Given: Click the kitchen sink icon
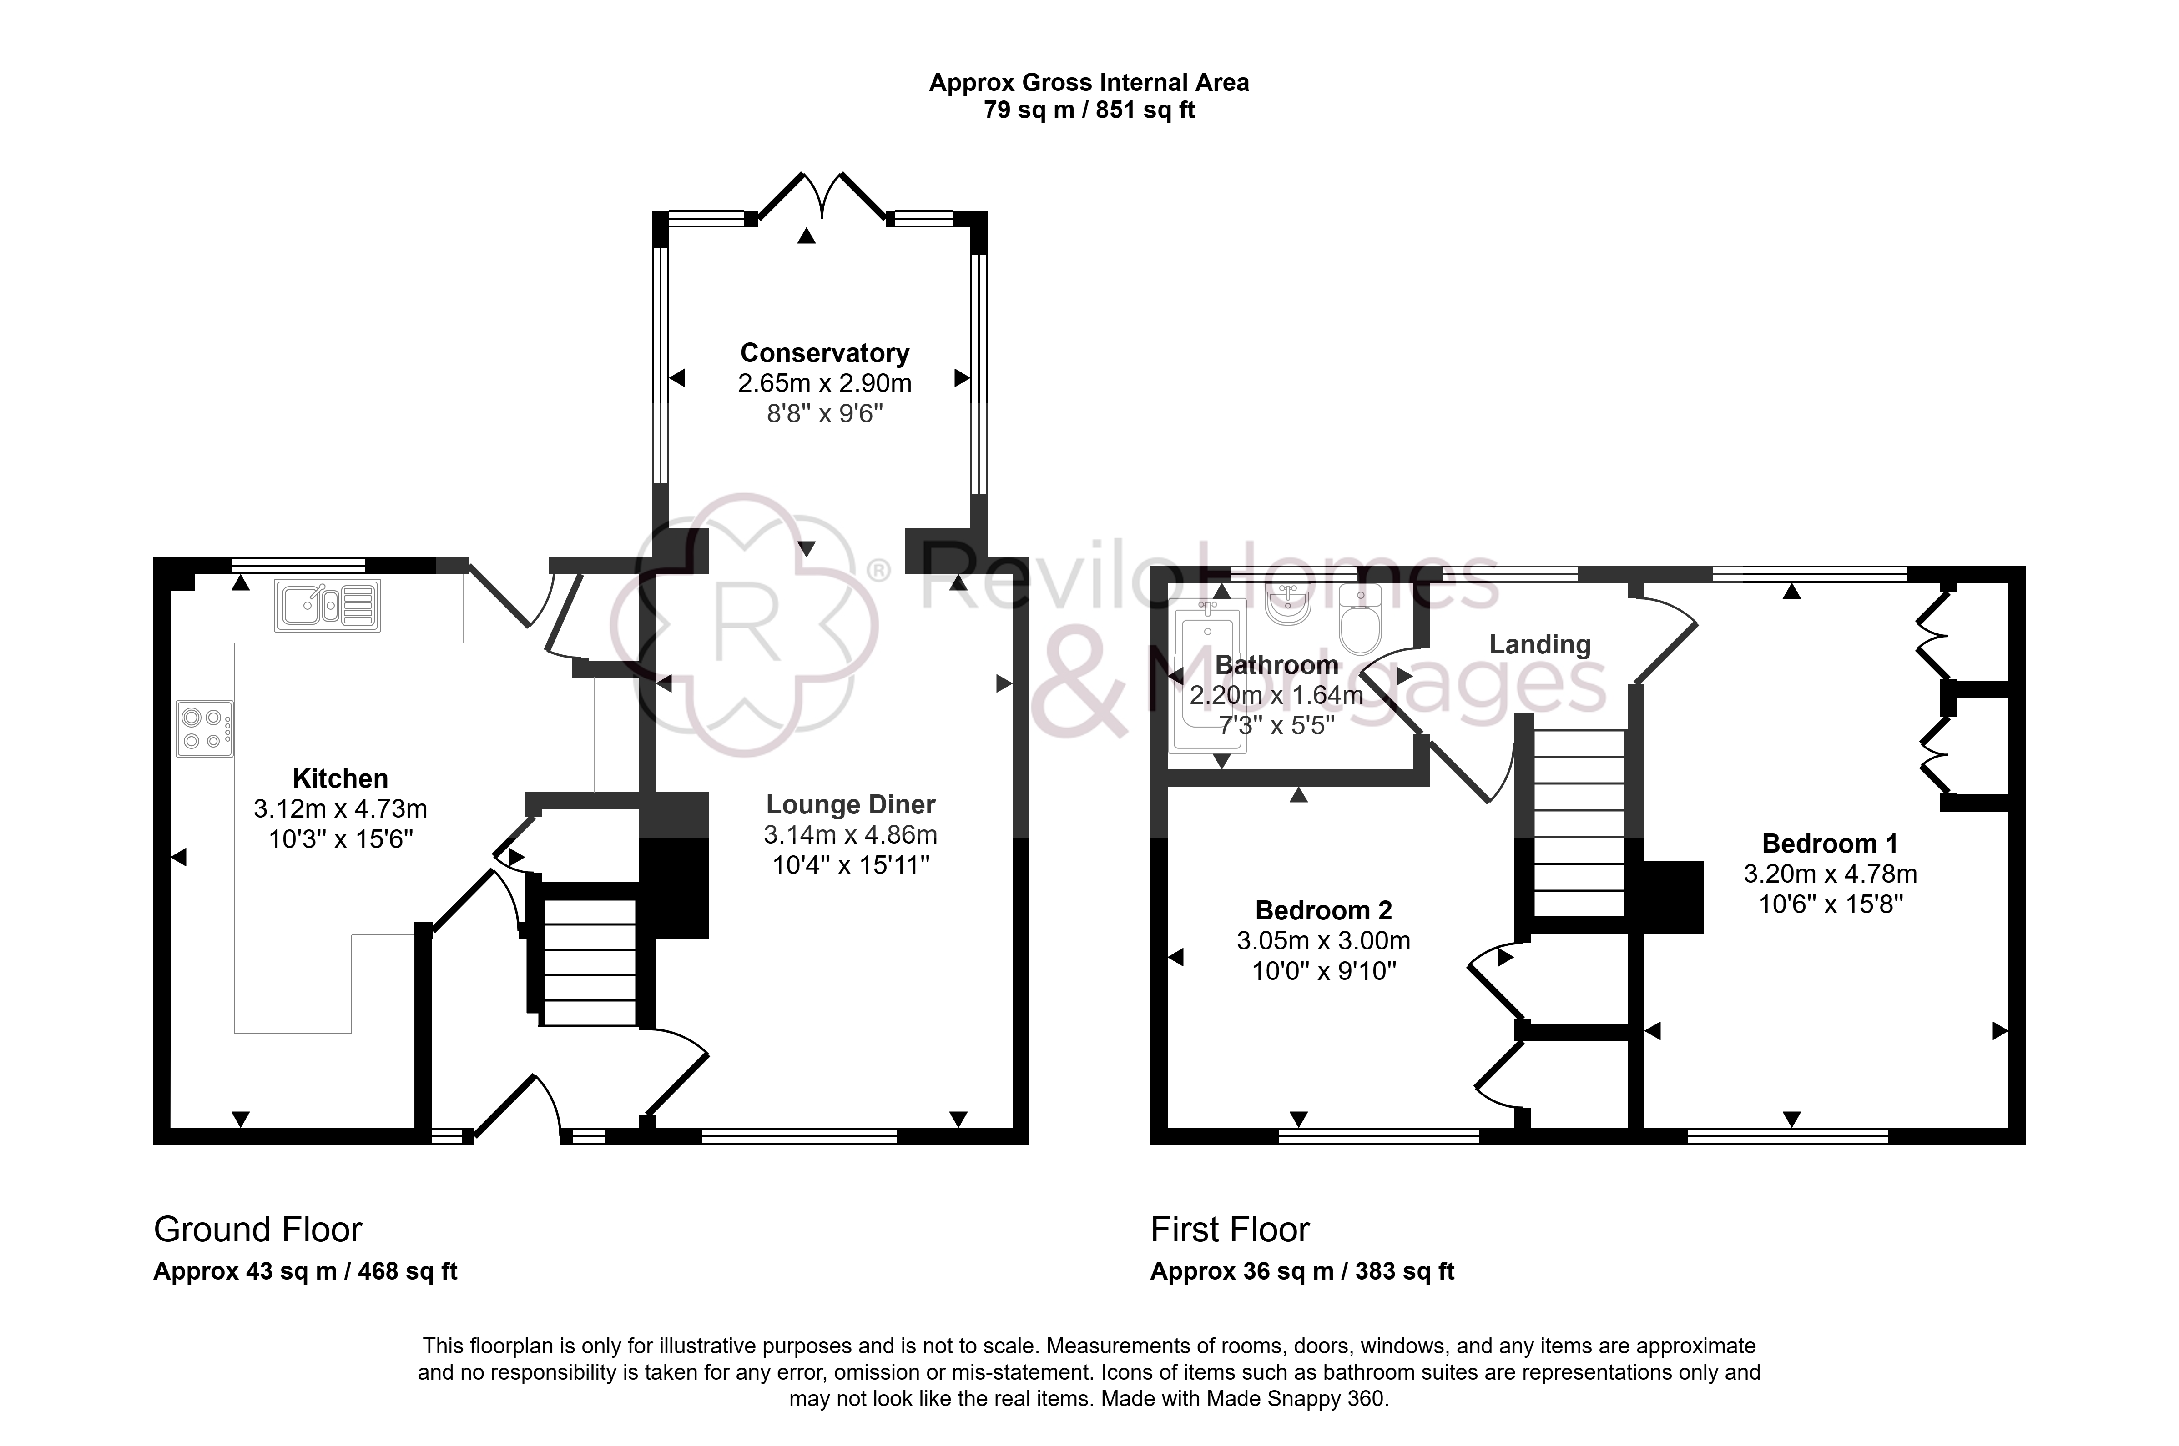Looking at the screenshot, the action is tap(328, 606).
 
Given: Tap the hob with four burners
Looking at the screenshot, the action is tap(205, 728).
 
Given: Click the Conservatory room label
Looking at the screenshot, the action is tap(825, 353).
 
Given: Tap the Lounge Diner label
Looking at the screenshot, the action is tap(851, 805).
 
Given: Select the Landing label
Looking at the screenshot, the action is tap(1540, 645).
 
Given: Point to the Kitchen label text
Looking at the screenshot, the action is tap(340, 778).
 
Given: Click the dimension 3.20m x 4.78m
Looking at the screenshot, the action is tap(1830, 874).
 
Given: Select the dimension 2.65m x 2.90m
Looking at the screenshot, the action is tap(825, 383).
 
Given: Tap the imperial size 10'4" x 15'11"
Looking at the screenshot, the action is tap(851, 865).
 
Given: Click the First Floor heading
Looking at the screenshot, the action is tap(1230, 1229).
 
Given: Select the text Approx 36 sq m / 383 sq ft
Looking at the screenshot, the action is tap(1301, 1272).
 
